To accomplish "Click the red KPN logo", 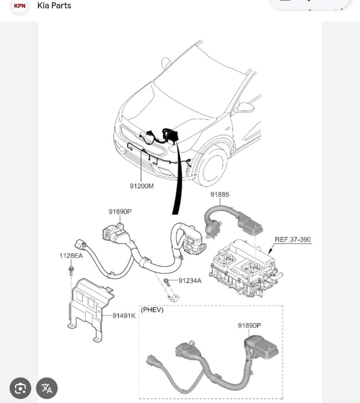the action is (x=19, y=6).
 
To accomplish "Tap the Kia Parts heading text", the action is (x=54, y=5).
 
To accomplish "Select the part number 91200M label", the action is (x=142, y=186).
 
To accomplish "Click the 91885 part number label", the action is (x=220, y=194).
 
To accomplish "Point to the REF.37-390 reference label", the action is (x=293, y=239).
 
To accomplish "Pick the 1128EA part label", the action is (x=71, y=256).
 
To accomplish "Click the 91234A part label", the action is (x=190, y=281).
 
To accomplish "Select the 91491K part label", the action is (x=124, y=316).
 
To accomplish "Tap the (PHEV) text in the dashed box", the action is (x=152, y=310).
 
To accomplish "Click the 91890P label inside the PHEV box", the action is (x=249, y=325).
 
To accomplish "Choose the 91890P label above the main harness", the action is (x=120, y=212).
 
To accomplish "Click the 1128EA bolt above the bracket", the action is (x=71, y=271).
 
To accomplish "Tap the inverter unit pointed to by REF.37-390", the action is (x=244, y=269).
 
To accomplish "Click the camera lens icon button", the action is (x=20, y=388).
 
